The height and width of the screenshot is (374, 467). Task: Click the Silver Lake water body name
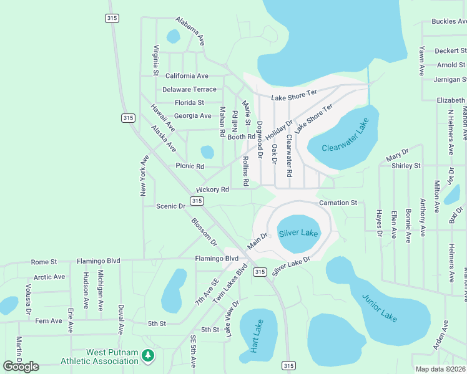point(298,233)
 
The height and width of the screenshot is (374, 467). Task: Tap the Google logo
point(21,366)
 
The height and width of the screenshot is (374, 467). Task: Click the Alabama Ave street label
point(190,31)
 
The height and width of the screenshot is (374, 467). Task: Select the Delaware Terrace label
point(189,90)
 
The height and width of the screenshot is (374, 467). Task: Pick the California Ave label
point(186,76)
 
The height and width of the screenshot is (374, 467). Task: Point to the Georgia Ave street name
point(192,116)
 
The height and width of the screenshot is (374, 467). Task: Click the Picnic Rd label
point(190,166)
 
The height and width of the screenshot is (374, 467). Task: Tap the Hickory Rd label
point(212,189)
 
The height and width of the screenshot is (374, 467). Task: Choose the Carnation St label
point(338,203)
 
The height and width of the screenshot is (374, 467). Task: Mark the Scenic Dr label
point(171,206)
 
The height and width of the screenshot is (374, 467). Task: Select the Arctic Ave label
point(49,277)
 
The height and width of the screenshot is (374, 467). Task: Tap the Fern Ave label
point(49,321)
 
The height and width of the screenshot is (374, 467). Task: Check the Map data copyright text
point(440,369)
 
